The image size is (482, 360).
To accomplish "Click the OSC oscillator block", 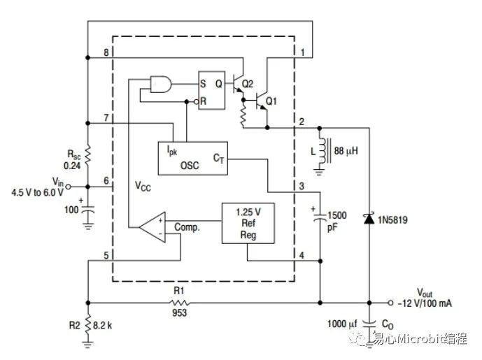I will pyautogui.click(x=190, y=159).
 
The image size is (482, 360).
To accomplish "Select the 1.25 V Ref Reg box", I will pyautogui.click(x=248, y=222).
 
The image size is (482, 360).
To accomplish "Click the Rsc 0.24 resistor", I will pyautogui.click(x=87, y=156).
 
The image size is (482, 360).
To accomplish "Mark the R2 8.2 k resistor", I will pyautogui.click(x=87, y=324).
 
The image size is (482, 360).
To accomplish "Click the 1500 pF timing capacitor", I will pyautogui.click(x=320, y=217).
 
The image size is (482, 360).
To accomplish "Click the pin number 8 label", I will pyautogui.click(x=106, y=53).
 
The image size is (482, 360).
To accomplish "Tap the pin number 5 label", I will pyautogui.click(x=106, y=255).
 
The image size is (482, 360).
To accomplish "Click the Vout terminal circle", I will pyautogui.click(x=392, y=303).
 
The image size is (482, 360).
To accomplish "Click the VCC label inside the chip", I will pyautogui.click(x=145, y=187).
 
